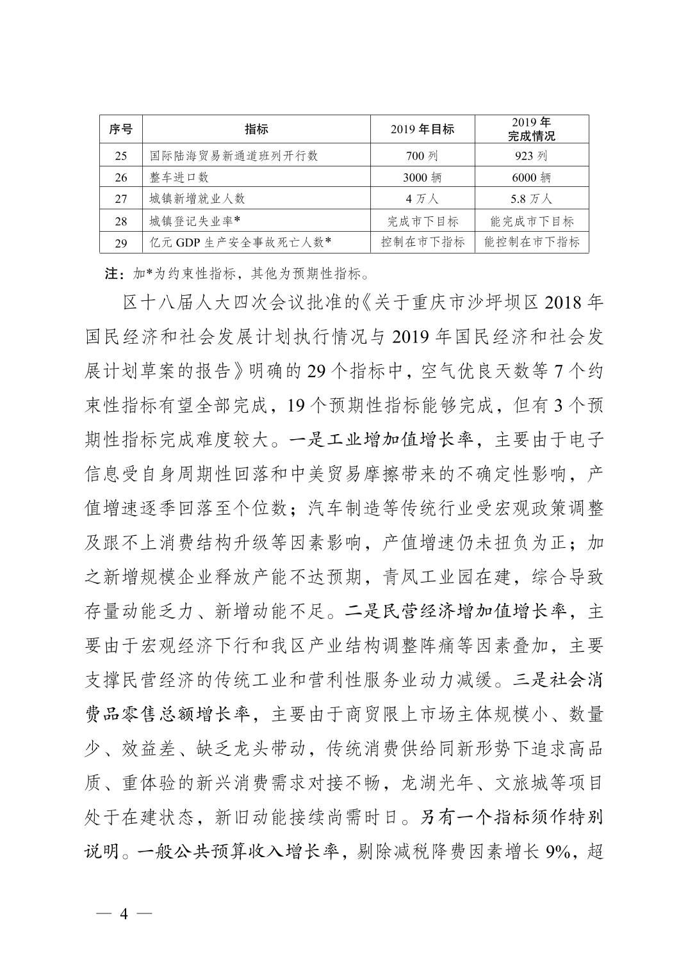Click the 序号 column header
click(x=120, y=129)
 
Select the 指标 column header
click(x=256, y=129)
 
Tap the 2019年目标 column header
click(x=422, y=129)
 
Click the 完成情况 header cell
click(x=531, y=129)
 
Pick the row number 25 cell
click(x=120, y=156)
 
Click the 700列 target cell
click(x=422, y=156)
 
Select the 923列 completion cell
click(x=531, y=156)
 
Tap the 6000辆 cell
click(x=531, y=177)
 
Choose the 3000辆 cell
click(x=422, y=177)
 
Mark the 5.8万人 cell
click(x=531, y=199)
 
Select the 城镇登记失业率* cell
click(x=194, y=221)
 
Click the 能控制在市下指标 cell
click(x=531, y=242)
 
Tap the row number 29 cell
click(x=120, y=243)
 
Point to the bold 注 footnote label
click(x=111, y=275)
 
